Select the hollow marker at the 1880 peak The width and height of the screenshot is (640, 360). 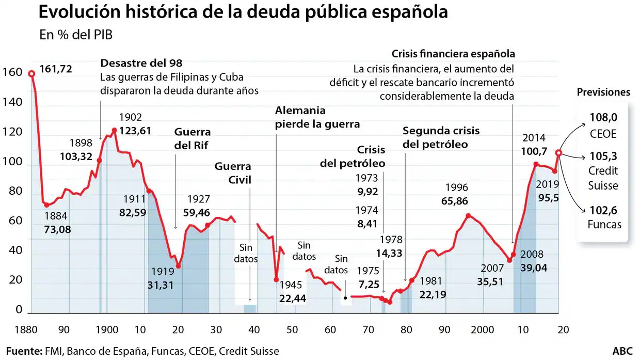point(31,74)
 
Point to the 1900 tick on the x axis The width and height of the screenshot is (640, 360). point(105,330)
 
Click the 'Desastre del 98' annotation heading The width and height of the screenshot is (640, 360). point(141,63)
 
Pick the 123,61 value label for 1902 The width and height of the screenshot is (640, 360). point(135,130)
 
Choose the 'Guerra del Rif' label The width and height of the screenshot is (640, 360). point(193,138)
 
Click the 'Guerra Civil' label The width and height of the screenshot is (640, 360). point(233,173)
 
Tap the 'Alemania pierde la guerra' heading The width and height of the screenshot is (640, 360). point(317,117)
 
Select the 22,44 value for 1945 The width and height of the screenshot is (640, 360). point(293,298)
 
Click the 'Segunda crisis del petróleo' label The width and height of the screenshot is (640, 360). point(441,137)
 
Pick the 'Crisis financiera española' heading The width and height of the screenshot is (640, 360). point(453,54)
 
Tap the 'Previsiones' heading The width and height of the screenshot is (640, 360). point(603,92)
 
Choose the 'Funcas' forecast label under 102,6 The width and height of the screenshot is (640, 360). point(604,225)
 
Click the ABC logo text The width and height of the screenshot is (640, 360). point(622,351)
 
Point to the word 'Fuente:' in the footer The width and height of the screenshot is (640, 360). point(24,351)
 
